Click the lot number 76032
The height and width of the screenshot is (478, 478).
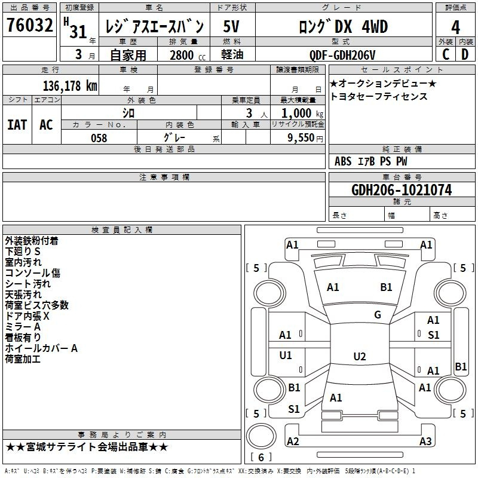[29, 25]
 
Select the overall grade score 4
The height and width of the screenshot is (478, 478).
[455, 27]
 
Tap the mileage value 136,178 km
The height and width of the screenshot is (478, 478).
[70, 85]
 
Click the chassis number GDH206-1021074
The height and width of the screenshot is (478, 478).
[402, 190]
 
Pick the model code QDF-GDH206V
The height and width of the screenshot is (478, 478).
[342, 55]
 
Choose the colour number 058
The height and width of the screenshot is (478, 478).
[99, 138]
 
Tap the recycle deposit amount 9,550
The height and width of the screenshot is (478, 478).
[301, 137]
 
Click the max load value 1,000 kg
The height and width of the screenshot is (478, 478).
[302, 113]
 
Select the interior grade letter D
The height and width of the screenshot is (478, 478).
[465, 54]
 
